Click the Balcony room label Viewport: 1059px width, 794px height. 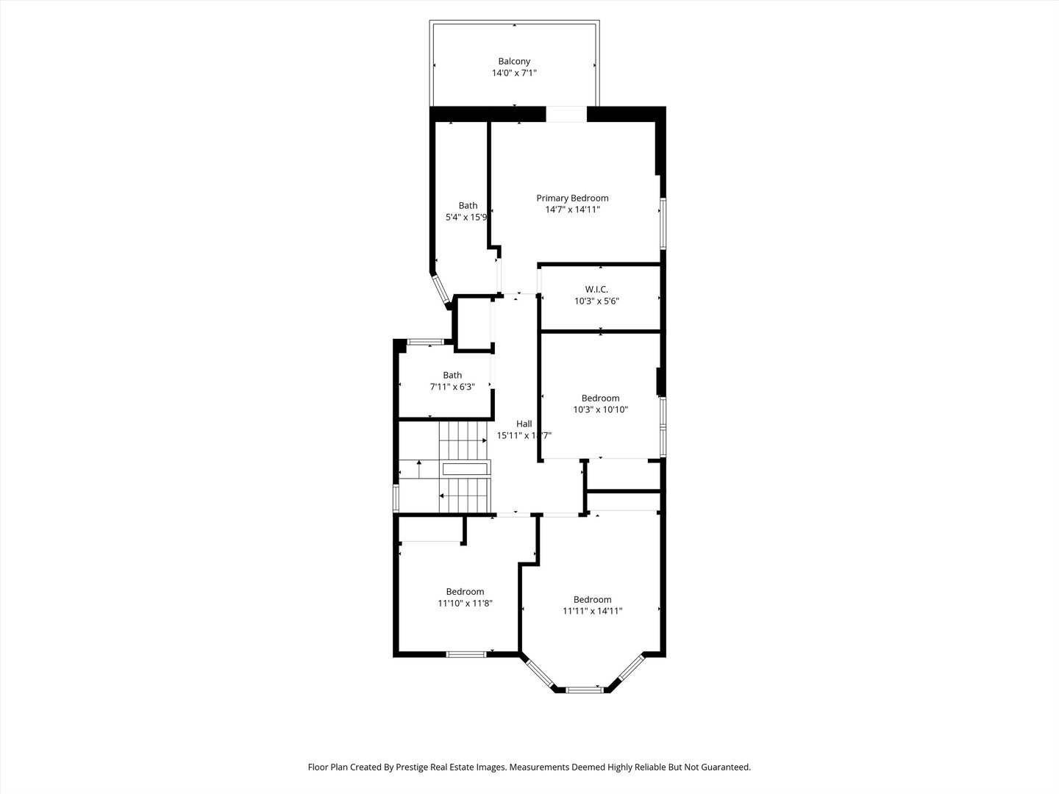click(514, 62)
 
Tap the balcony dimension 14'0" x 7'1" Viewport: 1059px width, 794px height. click(514, 74)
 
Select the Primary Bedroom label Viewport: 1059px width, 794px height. click(572, 198)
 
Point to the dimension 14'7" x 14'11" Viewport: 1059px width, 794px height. click(572, 210)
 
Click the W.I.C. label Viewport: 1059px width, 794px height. click(596, 289)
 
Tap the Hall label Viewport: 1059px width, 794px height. click(524, 423)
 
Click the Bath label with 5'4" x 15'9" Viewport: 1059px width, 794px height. click(468, 206)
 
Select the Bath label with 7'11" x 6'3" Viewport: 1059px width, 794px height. click(452, 375)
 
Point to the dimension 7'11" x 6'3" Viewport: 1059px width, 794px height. click(452, 387)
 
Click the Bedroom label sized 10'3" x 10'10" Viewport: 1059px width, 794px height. click(600, 398)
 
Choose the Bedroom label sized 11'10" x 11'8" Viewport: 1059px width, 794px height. click(465, 592)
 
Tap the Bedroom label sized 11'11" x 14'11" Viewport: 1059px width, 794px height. click(592, 599)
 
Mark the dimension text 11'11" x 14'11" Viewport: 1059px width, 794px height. click(592, 611)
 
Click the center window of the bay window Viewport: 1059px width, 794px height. click(585, 690)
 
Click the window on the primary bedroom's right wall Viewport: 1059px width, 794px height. click(663, 222)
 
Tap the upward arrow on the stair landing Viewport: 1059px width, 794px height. click(418, 462)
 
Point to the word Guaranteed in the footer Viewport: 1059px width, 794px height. click(725, 767)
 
